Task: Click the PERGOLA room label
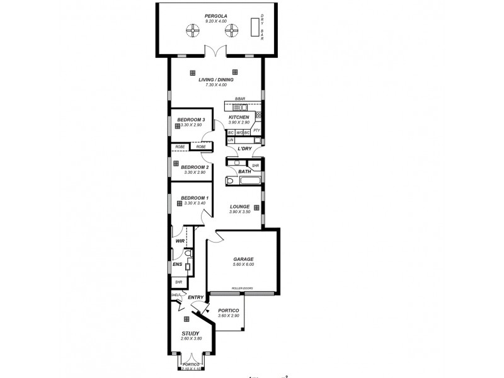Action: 215,16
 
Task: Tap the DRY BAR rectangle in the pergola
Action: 255,28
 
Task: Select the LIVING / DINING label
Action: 216,80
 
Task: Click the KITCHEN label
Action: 239,117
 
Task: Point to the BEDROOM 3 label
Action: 191,120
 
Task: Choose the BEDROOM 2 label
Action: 194,167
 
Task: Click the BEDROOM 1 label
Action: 194,198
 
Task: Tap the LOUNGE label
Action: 239,207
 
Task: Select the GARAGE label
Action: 243,259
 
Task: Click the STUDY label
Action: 191,333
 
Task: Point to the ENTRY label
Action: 195,297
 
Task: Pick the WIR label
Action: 180,241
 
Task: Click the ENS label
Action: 177,265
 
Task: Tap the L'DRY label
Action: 244,149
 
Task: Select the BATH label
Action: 244,171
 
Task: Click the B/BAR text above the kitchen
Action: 239,99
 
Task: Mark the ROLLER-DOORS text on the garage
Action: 243,289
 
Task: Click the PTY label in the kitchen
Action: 256,130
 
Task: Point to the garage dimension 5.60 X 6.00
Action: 243,265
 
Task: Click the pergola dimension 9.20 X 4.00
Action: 215,21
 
